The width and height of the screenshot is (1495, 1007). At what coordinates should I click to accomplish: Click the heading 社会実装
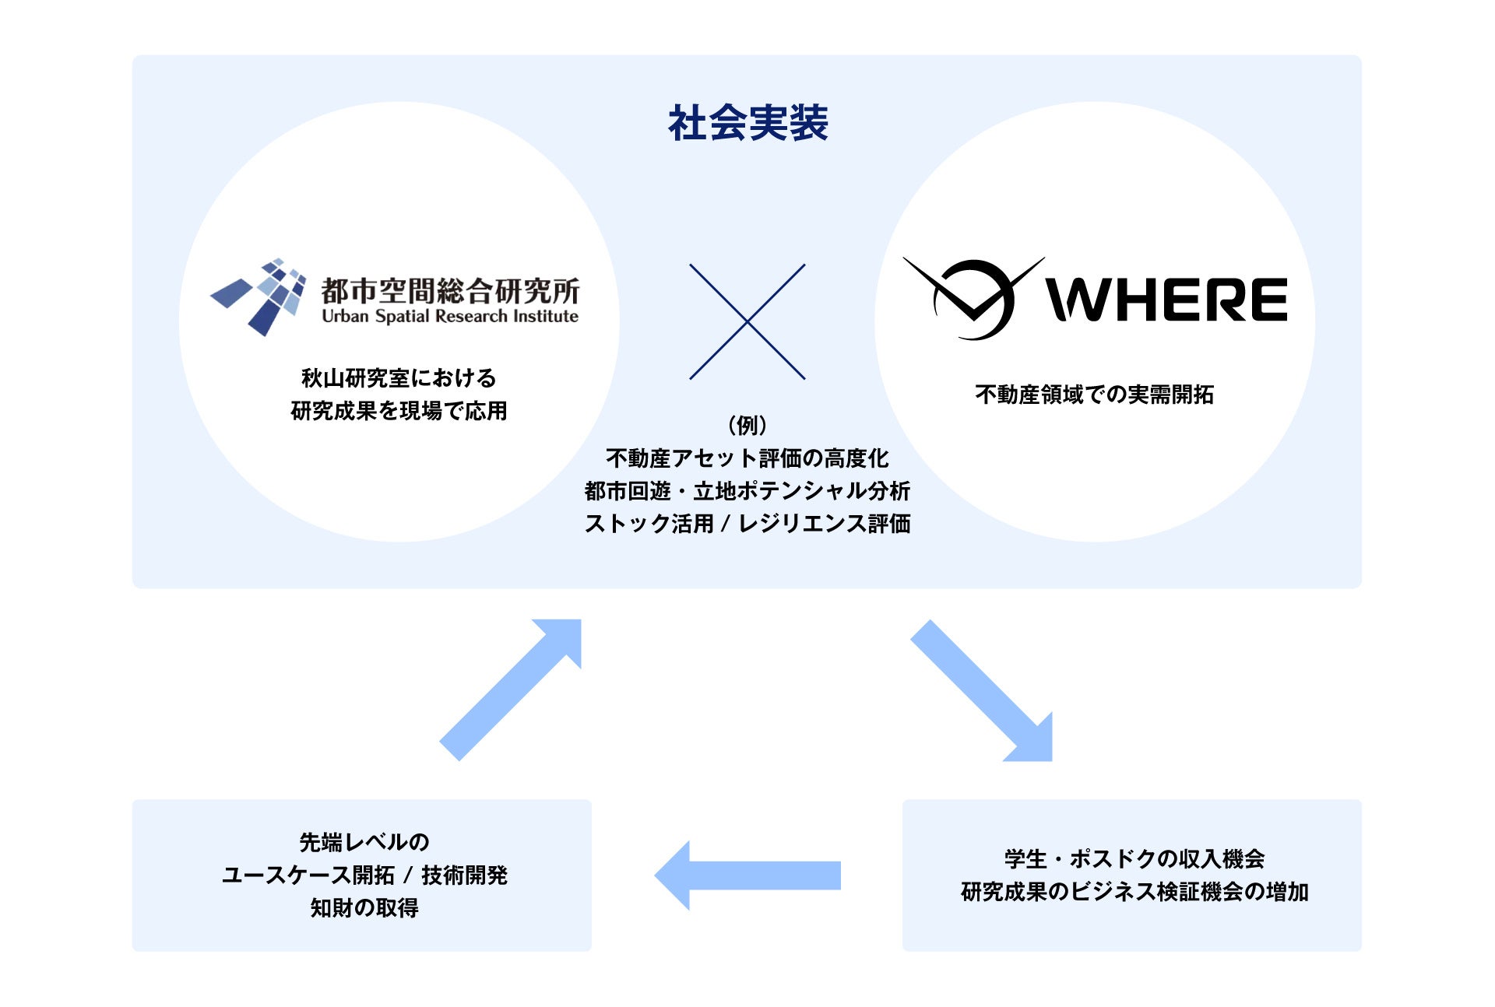747,123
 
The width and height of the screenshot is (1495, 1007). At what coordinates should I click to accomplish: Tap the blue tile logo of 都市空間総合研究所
260,296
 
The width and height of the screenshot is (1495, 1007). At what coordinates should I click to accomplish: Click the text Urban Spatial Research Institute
450,317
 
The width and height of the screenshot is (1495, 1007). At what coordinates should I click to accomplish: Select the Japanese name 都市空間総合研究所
450,290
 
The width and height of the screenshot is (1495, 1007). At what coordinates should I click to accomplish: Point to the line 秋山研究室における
399,378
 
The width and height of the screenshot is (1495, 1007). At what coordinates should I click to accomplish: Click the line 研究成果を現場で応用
399,411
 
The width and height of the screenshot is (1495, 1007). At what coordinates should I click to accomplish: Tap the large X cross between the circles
747,321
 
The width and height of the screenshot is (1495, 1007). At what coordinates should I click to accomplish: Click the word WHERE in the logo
1166,300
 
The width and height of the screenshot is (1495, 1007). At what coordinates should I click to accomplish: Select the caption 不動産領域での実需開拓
1094,395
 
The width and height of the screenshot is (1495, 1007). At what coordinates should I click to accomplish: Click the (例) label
747,425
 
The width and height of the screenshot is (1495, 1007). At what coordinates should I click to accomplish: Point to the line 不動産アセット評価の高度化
747,458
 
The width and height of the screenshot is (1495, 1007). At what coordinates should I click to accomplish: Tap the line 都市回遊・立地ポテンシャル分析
747,491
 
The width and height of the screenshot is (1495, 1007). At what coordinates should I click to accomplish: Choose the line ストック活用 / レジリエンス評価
747,524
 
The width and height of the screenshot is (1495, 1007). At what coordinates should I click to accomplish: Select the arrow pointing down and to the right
984,692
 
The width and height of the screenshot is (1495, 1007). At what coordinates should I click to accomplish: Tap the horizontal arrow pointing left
747,875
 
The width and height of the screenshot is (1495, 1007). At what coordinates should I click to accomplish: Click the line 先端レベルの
364,842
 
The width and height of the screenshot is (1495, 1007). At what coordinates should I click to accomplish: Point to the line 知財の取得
364,907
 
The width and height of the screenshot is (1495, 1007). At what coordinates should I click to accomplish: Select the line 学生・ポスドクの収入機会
1134,859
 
